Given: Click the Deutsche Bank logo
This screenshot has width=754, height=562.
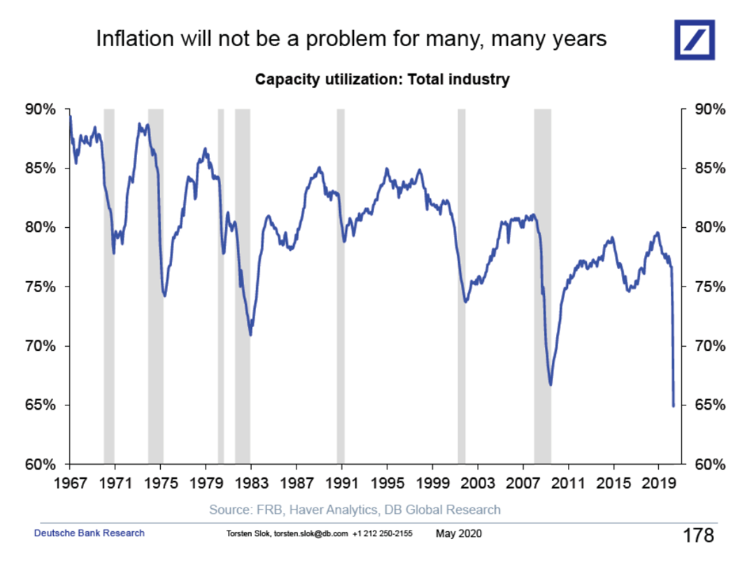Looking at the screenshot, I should (x=695, y=40).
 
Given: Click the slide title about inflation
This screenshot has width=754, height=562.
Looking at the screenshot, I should (x=351, y=39).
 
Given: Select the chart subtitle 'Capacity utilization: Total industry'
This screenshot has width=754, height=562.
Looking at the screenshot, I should (x=382, y=79).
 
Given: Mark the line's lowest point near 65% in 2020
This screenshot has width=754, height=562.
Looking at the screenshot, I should (x=674, y=405).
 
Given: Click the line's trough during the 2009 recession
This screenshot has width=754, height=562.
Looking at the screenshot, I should (x=550, y=384).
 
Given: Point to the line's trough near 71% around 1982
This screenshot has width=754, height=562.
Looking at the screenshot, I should (x=250, y=335).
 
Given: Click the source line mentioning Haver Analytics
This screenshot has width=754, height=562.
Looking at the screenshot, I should (x=355, y=509).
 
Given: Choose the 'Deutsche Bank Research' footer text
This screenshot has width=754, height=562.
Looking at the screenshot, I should (x=90, y=533).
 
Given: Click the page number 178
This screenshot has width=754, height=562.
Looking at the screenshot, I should (x=697, y=535).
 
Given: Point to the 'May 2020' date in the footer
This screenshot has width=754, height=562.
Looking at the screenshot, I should (x=458, y=534).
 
